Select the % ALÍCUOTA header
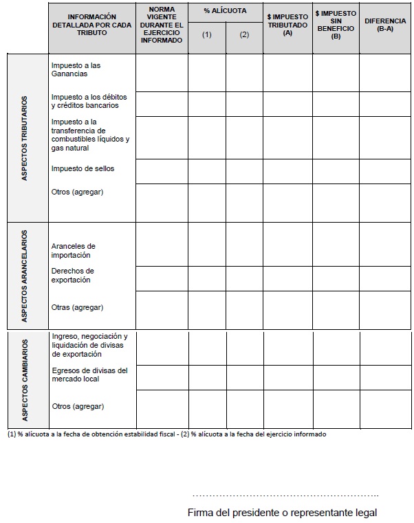(226, 12)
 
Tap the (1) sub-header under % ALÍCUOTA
(207, 34)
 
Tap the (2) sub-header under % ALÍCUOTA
(244, 34)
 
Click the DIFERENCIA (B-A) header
(385, 25)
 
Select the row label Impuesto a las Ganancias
(76, 69)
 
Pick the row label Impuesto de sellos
(83, 168)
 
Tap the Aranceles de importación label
(73, 250)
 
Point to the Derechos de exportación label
(72, 275)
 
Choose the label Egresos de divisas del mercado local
(89, 375)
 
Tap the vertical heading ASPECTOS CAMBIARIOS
(25, 380)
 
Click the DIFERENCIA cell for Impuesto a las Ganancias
(384, 72)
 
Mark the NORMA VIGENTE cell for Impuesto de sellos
(162, 170)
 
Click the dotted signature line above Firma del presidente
(285, 495)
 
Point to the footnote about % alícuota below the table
(166, 434)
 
